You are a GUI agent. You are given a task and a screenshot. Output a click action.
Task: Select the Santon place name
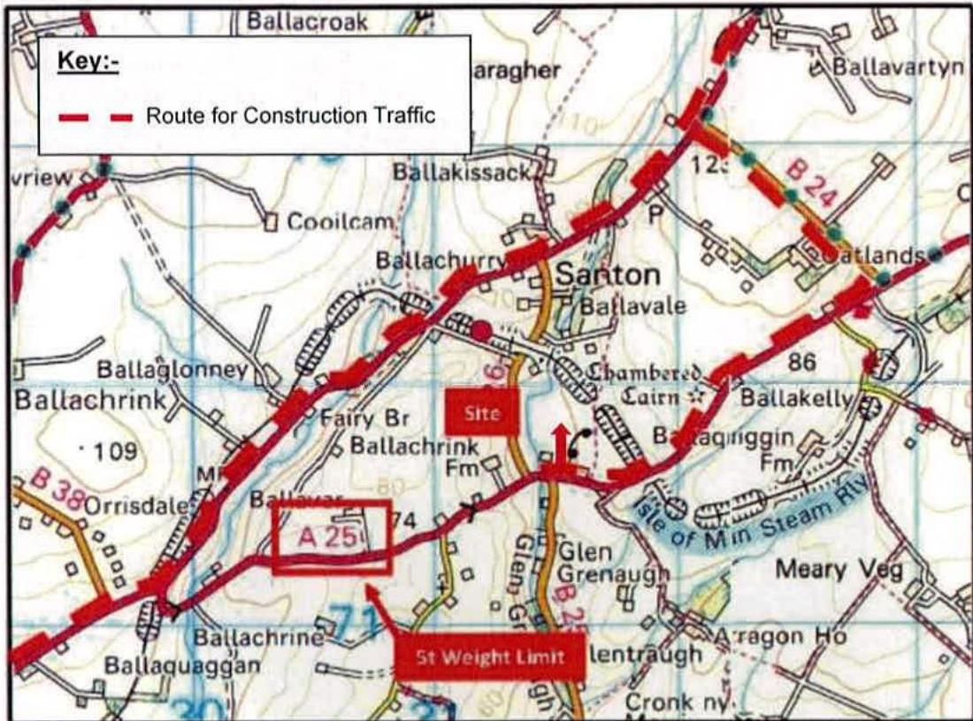point(608,274)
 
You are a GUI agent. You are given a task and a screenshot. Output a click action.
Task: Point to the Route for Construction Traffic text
point(291,116)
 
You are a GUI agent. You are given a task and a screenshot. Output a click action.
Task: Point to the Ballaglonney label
point(173,369)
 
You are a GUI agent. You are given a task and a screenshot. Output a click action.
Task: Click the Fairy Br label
point(365,418)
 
